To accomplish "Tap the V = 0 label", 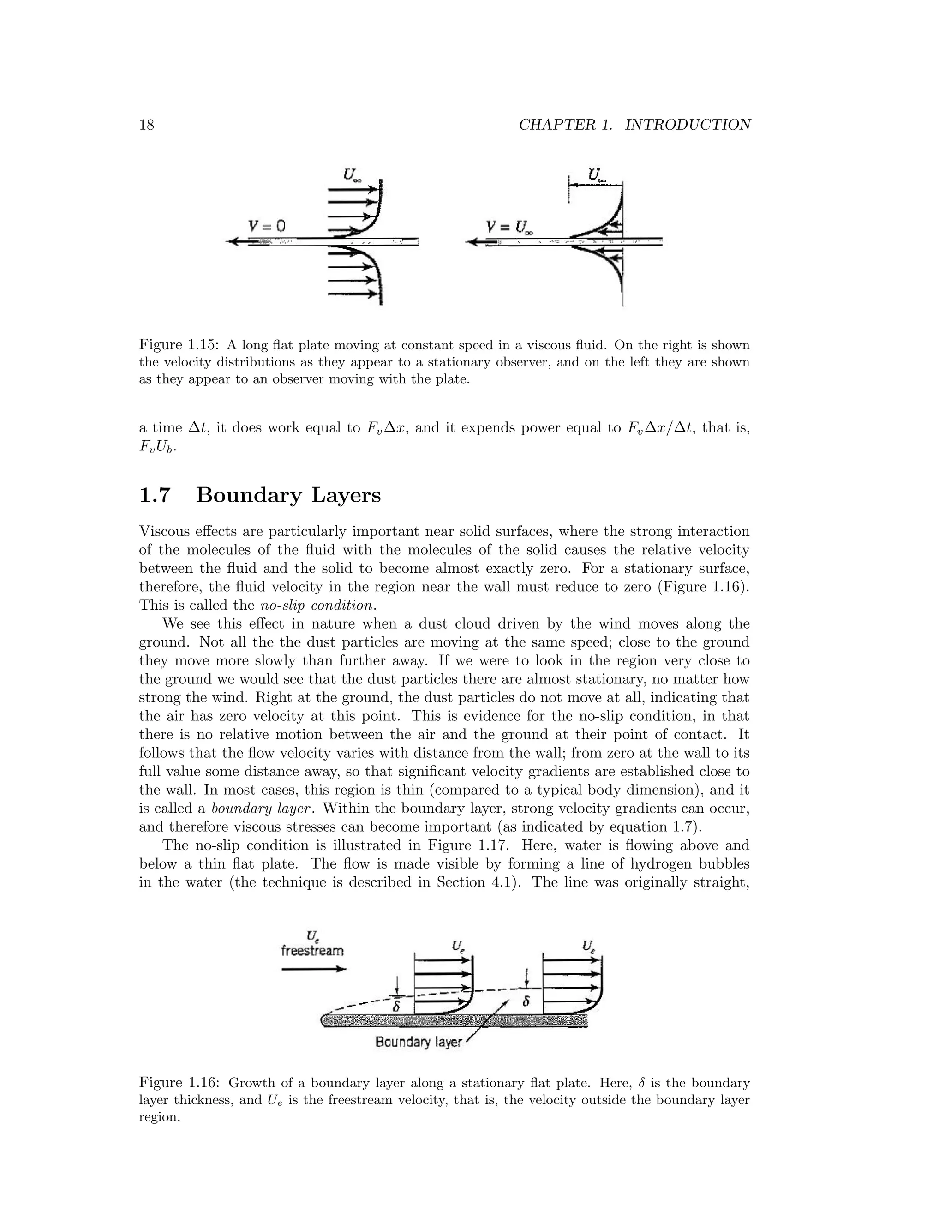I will click(x=267, y=226).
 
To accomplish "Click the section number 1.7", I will click(x=155, y=496).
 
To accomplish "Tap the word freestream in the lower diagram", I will click(x=312, y=951).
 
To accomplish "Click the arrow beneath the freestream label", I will click(x=313, y=969).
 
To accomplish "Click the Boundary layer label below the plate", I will click(x=419, y=1042).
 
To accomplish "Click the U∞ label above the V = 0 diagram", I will click(x=352, y=175).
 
